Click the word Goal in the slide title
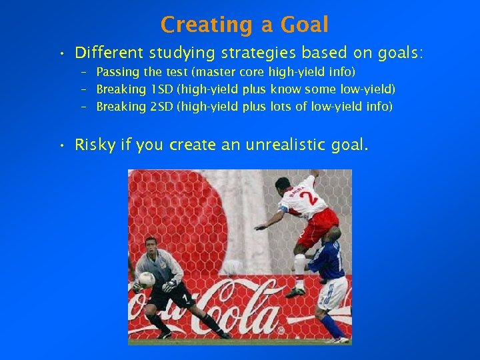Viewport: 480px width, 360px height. click(305, 25)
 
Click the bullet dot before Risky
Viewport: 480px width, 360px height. click(61, 145)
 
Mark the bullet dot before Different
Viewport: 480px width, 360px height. click(61, 53)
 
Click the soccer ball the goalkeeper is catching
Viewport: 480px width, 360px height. click(146, 279)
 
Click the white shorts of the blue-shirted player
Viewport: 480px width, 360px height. click(334, 294)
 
